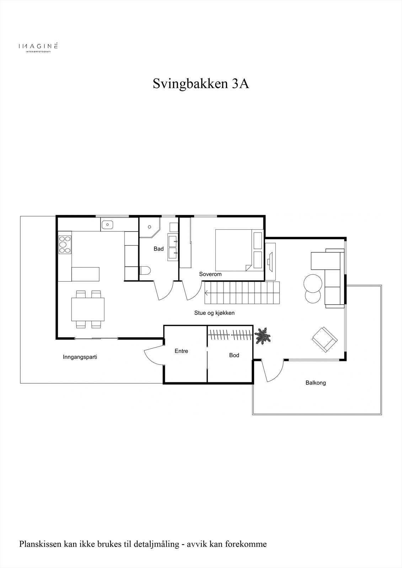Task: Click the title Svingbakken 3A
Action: click(x=201, y=84)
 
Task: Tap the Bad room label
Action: click(x=159, y=249)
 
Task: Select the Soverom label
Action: click(x=210, y=274)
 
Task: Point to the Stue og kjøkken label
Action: click(x=214, y=313)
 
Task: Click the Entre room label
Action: click(x=181, y=351)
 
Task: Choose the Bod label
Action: click(x=234, y=355)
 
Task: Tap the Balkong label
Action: click(x=316, y=383)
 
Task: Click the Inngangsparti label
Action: click(x=80, y=357)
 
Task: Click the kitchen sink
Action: click(x=107, y=225)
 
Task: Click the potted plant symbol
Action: click(x=263, y=336)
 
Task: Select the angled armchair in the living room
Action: click(x=324, y=339)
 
